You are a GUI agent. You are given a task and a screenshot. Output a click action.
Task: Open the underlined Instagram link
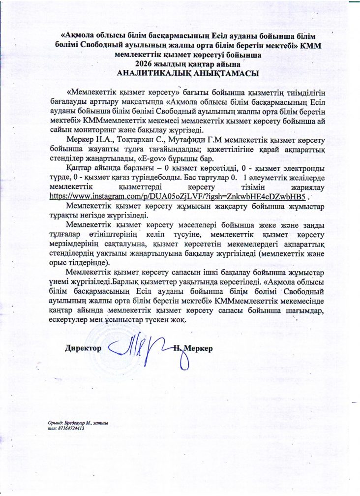tap(181, 196)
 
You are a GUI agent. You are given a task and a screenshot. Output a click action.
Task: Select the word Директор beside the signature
tap(83, 348)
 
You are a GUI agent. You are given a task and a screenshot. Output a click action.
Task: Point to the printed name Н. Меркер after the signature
tap(193, 348)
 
